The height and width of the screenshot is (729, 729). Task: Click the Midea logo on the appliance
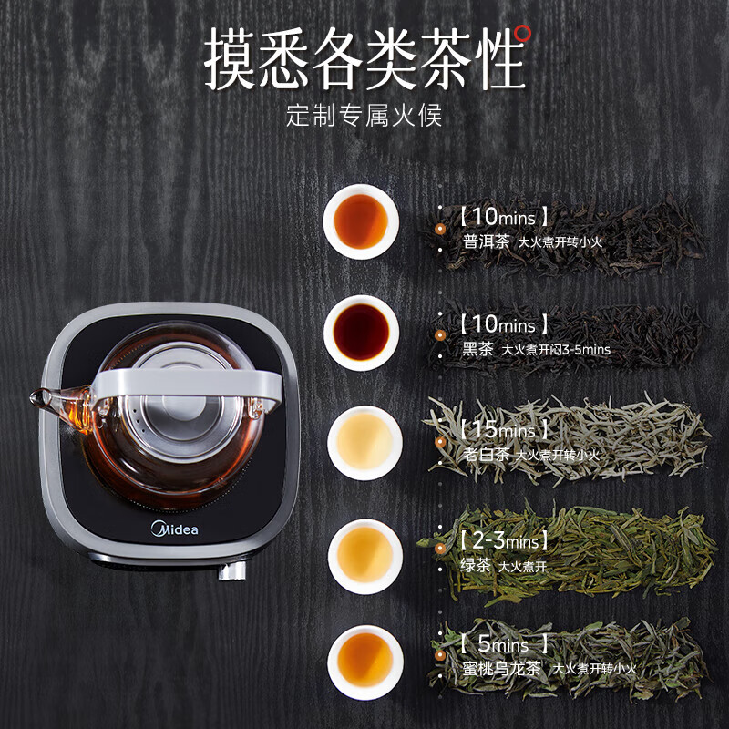[173, 529]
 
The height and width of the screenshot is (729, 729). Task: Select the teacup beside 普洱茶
[361, 221]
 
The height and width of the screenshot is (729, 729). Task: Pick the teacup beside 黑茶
[362, 332]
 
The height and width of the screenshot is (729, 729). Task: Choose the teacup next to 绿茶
[364, 556]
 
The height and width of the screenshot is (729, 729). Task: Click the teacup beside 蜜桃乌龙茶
[364, 661]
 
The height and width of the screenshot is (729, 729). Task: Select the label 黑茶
[477, 349]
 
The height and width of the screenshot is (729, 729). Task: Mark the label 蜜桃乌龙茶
[501, 668]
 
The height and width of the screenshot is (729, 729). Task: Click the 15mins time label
[504, 429]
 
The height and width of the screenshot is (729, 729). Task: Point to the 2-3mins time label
[504, 541]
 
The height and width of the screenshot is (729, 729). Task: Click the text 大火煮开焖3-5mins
[556, 350]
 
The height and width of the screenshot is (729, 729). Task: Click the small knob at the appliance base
[231, 572]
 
